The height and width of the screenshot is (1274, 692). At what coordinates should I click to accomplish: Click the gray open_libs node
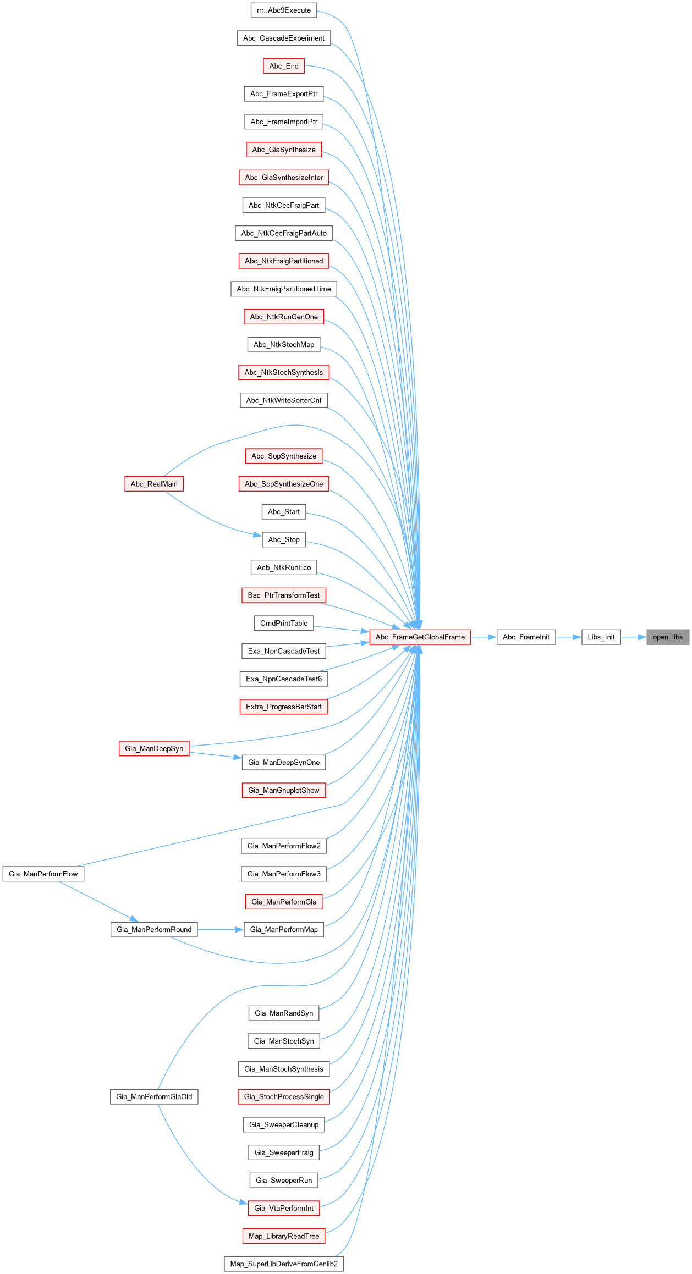coord(668,637)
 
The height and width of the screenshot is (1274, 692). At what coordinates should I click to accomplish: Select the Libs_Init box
coord(601,637)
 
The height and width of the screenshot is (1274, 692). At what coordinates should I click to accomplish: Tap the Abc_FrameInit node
coord(526,637)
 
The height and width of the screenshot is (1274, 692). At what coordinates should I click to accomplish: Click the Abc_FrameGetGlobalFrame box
coord(420,637)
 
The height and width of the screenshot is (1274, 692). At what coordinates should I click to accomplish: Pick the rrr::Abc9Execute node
coord(284,10)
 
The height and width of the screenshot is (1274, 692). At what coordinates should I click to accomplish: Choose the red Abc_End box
coord(284,66)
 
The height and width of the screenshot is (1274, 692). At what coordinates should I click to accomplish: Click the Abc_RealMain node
coord(154,484)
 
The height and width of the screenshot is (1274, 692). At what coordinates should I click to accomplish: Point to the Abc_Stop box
coord(284,539)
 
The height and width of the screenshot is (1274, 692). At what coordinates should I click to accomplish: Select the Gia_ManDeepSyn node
coord(154,748)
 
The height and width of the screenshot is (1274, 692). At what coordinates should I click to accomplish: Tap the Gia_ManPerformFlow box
coord(43,874)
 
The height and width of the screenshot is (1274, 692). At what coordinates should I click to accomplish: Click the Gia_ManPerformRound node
coord(154,929)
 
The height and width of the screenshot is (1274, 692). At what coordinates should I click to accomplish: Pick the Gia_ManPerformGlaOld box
coord(154,1096)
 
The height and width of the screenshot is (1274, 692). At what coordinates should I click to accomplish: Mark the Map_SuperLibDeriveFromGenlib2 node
coord(284,1264)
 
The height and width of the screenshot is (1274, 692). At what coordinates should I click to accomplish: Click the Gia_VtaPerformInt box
coord(284,1208)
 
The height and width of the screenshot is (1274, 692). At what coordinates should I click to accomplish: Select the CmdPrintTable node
coord(284,623)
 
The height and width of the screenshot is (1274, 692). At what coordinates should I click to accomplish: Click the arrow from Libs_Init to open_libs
coord(634,637)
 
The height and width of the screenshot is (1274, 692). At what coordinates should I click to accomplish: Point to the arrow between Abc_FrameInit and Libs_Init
coord(569,637)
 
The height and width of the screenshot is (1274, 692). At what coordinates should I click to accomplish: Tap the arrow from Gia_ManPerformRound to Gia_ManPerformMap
coord(221,929)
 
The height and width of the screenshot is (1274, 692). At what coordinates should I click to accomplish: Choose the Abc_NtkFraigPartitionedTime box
coord(284,289)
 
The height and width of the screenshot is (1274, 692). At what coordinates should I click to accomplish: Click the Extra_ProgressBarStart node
coord(284,707)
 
